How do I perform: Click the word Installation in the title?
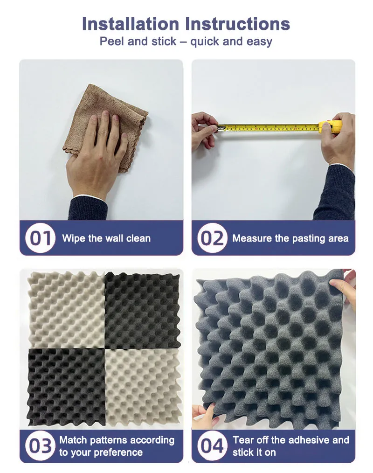(x=131, y=24)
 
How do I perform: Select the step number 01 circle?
(x=40, y=238)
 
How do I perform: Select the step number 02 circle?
(x=212, y=238)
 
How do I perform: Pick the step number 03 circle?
(x=40, y=446)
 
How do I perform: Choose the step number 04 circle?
(x=212, y=446)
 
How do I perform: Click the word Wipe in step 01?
(x=73, y=238)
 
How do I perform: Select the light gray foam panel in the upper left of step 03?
(x=66, y=310)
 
